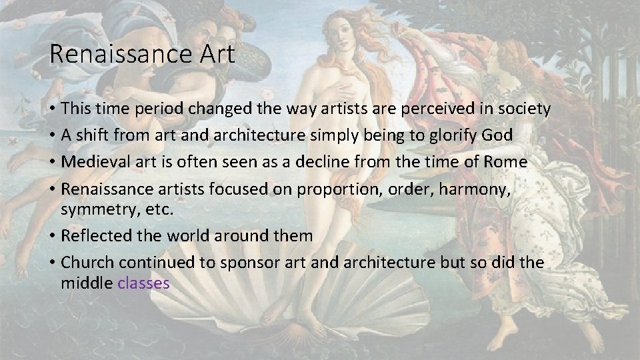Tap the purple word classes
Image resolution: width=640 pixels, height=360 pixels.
[143, 283]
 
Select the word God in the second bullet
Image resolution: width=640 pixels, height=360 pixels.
[497, 135]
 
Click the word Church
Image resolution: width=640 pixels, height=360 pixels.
[84, 263]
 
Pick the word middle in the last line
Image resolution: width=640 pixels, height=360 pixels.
[87, 283]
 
